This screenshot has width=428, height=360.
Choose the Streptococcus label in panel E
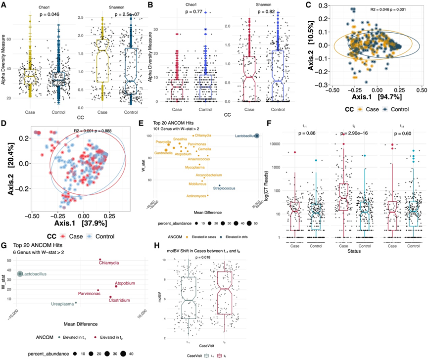[x=227, y=187]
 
